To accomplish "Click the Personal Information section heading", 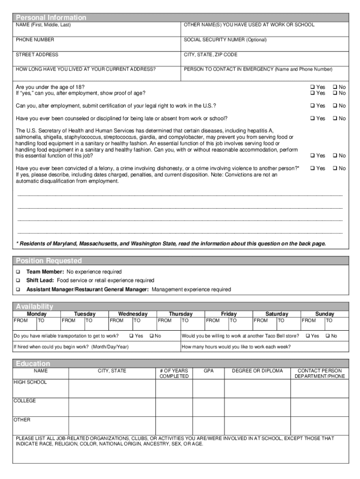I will coord(51,17).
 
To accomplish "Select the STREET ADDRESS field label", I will coord(37,55).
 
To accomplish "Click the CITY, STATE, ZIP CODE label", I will coord(210,55).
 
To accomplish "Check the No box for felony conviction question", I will coord(335,168).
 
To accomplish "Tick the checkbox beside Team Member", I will coord(18,272).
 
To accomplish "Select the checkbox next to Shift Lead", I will coord(18,281).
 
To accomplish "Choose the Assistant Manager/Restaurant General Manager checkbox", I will coord(18,290).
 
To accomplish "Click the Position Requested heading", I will coord(49,261).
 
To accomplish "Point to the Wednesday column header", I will coord(132,314).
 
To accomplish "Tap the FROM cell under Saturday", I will coord(261,321).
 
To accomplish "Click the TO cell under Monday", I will coord(41,321).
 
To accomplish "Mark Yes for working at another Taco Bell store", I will coord(308,336).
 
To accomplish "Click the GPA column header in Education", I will coord(209,370).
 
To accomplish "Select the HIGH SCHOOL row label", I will coord(30,382).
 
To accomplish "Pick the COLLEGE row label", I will coord(25,401).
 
